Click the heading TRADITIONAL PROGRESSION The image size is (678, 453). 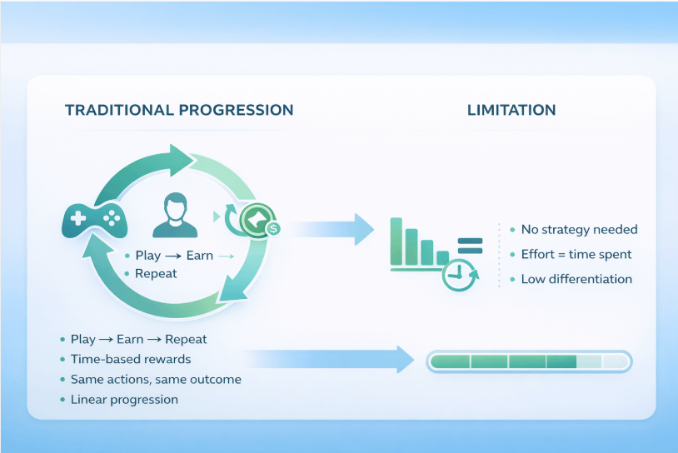pyautogui.click(x=178, y=110)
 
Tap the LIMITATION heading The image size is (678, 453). pyautogui.click(x=511, y=110)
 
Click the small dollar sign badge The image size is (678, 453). pyautogui.click(x=273, y=227)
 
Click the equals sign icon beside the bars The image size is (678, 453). pyautogui.click(x=470, y=246)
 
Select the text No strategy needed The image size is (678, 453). pyautogui.click(x=579, y=229)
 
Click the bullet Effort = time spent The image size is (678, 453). pyautogui.click(x=576, y=254)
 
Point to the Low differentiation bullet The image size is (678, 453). pyautogui.click(x=576, y=279)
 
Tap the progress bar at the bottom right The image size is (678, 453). pyautogui.click(x=529, y=361)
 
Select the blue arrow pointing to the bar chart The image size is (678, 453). pyautogui.click(x=333, y=228)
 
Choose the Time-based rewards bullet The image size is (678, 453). pyautogui.click(x=131, y=359)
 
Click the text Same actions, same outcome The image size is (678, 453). pyautogui.click(x=156, y=379)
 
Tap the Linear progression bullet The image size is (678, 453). pyautogui.click(x=124, y=399)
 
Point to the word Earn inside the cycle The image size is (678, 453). pyautogui.click(x=200, y=255)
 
